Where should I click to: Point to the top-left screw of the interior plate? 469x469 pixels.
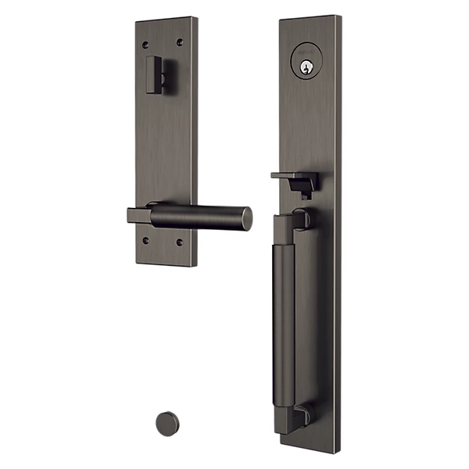pyautogui.click(x=145, y=41)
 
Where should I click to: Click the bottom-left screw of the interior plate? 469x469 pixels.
pyautogui.click(x=146, y=241)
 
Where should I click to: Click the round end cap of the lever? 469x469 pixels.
pyautogui.click(x=246, y=219)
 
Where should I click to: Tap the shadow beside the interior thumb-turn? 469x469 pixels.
pyautogui.click(x=166, y=78)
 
